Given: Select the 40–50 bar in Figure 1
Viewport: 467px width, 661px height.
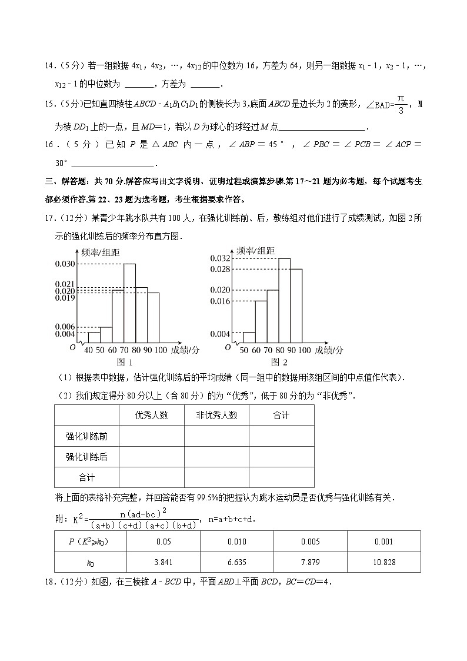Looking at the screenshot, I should coord(94,337).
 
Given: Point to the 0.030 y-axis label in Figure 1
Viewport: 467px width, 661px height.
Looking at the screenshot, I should coord(65,264).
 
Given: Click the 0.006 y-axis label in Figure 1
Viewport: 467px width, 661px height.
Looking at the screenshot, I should coord(65,327).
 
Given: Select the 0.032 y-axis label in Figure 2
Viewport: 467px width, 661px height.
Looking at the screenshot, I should coord(219,258).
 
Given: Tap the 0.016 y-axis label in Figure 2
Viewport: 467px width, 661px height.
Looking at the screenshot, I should coord(219,301).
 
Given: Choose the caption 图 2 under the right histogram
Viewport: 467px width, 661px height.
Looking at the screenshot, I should coord(279,363).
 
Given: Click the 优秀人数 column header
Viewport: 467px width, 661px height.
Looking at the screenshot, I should coord(152,416).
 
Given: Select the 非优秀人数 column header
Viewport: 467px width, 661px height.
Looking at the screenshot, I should coord(216,416).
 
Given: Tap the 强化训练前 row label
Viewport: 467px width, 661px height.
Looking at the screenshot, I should coord(86,436).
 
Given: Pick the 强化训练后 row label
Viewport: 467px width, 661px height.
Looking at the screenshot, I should coord(86,457).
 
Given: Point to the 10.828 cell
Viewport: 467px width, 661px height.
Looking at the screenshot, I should coord(384,562).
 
